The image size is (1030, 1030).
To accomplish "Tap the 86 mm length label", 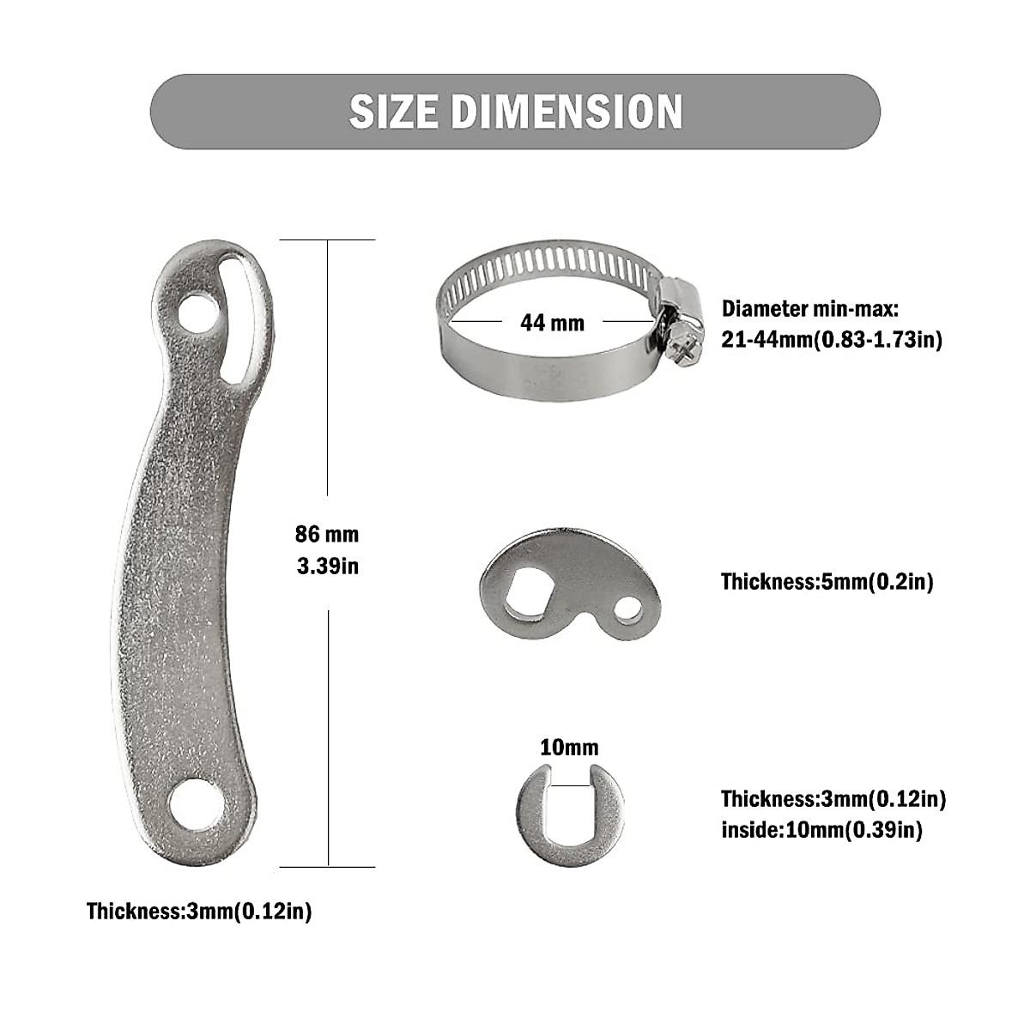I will coord(327,535).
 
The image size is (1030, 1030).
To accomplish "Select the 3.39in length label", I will coord(327,566).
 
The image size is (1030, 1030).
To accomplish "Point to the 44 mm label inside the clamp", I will coord(552,323).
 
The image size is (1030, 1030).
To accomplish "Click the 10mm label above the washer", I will coord(569,748).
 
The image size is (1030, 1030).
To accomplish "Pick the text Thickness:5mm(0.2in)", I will coord(827,582).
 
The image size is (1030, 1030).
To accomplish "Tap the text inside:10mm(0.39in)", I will coord(821,830).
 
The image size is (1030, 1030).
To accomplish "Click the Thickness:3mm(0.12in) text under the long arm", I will coord(199,912).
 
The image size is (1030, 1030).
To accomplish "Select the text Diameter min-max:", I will coord(809,309).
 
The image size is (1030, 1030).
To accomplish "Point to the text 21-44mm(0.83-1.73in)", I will coord(832,340).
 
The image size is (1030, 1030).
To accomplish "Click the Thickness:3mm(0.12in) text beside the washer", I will coord(833,799).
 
